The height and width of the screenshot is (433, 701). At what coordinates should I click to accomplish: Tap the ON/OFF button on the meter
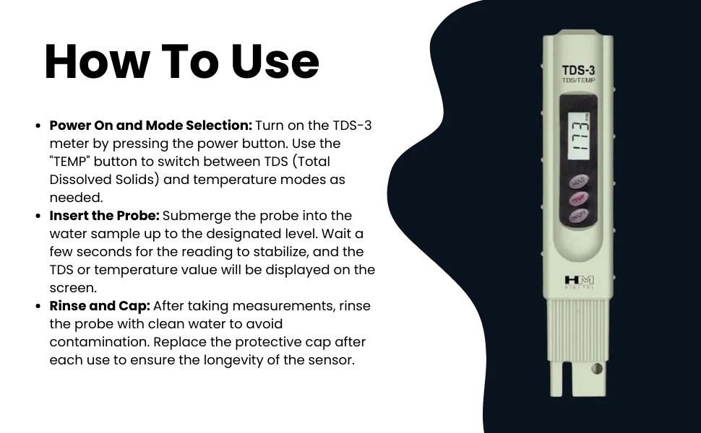click(579, 214)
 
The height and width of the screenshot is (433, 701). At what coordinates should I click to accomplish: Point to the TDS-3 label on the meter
click(578, 71)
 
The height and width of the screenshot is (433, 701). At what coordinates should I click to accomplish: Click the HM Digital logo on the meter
click(578, 281)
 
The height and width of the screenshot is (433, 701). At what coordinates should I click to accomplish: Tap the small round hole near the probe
click(597, 368)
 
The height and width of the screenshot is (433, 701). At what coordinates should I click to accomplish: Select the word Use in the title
click(275, 62)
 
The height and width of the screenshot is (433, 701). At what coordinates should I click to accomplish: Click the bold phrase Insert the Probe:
click(104, 216)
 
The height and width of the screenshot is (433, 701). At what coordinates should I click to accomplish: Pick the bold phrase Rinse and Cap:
click(100, 306)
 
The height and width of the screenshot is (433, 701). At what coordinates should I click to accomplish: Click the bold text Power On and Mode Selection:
click(150, 126)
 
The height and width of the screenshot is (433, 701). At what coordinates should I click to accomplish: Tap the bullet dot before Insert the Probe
click(38, 216)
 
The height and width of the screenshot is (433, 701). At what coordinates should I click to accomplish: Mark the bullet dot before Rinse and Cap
click(38, 306)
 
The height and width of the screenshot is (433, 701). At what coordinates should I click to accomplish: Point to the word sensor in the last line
click(331, 360)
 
